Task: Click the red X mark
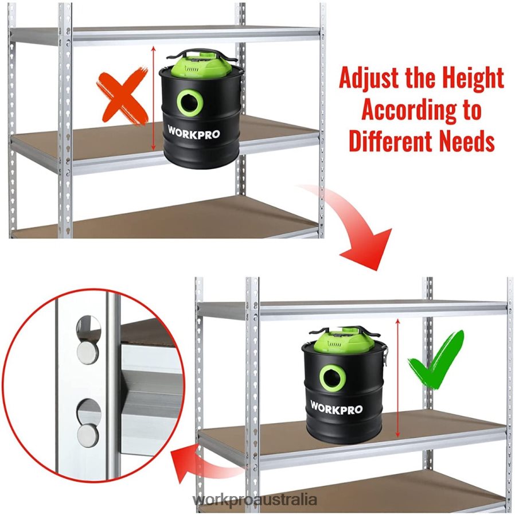coord(122,97)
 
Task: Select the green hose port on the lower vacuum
coord(331,379)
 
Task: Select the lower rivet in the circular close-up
coord(88,435)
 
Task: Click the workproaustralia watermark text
coord(255,500)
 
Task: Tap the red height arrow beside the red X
coord(153,98)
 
